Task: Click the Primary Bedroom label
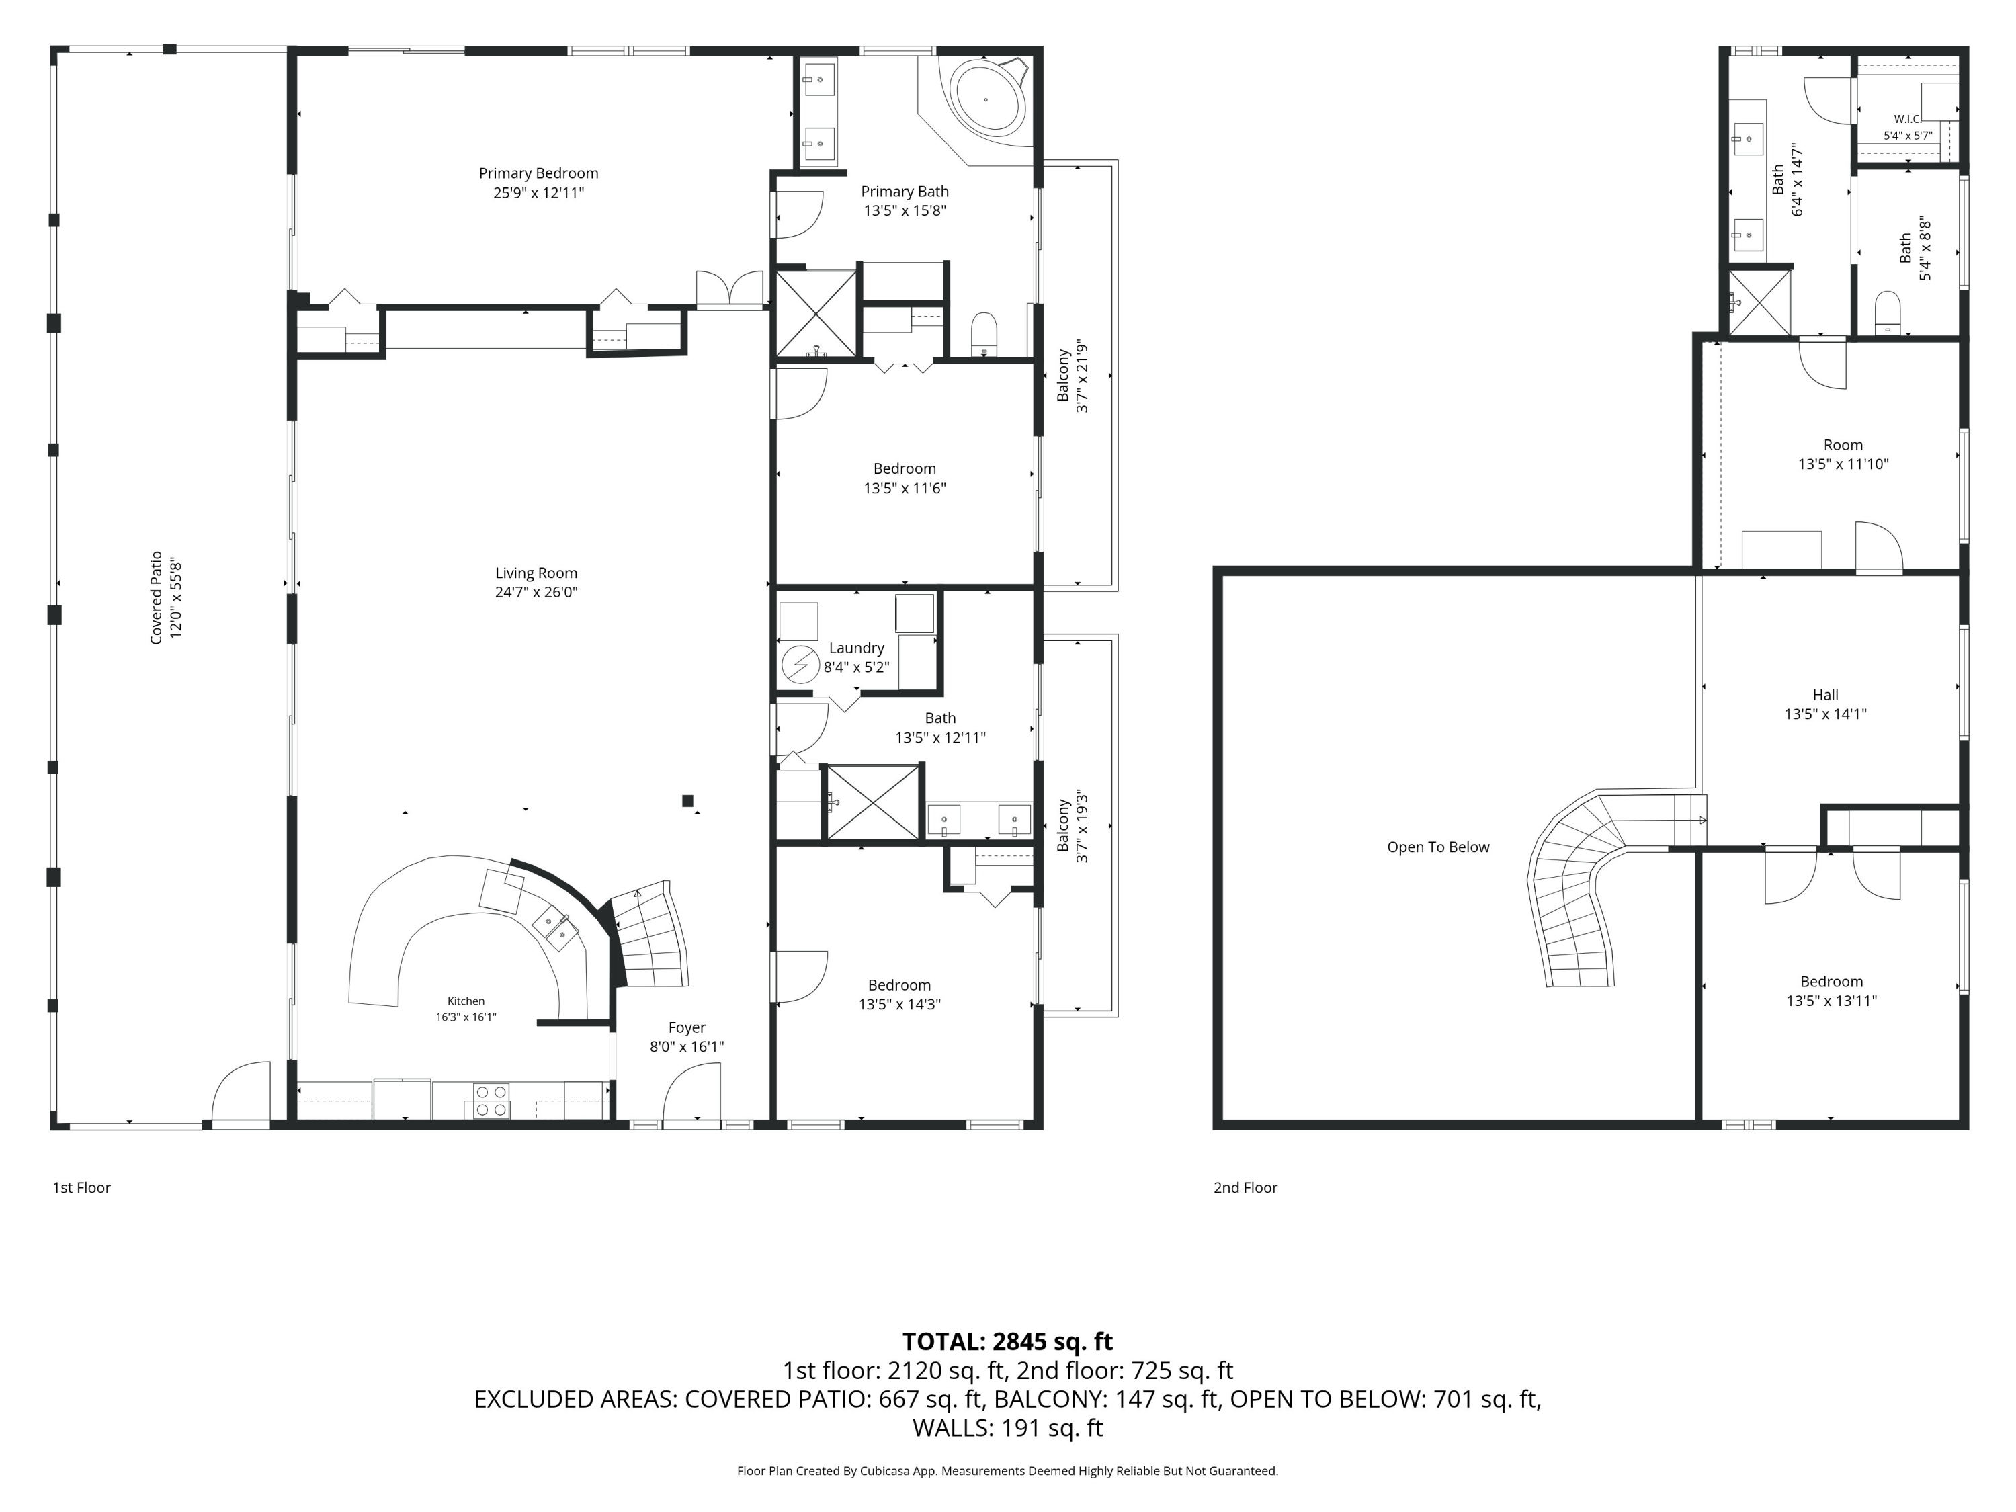click(539, 173)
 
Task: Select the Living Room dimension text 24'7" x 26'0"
click(536, 591)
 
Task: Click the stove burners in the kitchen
click(491, 1100)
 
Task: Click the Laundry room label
click(856, 648)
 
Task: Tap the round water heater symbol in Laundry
click(800, 665)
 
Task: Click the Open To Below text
click(1438, 847)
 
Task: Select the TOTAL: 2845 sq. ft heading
click(1007, 1341)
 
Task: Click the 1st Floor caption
click(81, 1187)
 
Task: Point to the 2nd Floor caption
click(1245, 1187)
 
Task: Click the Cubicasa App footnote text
click(1007, 1471)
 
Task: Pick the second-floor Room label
click(1843, 445)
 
